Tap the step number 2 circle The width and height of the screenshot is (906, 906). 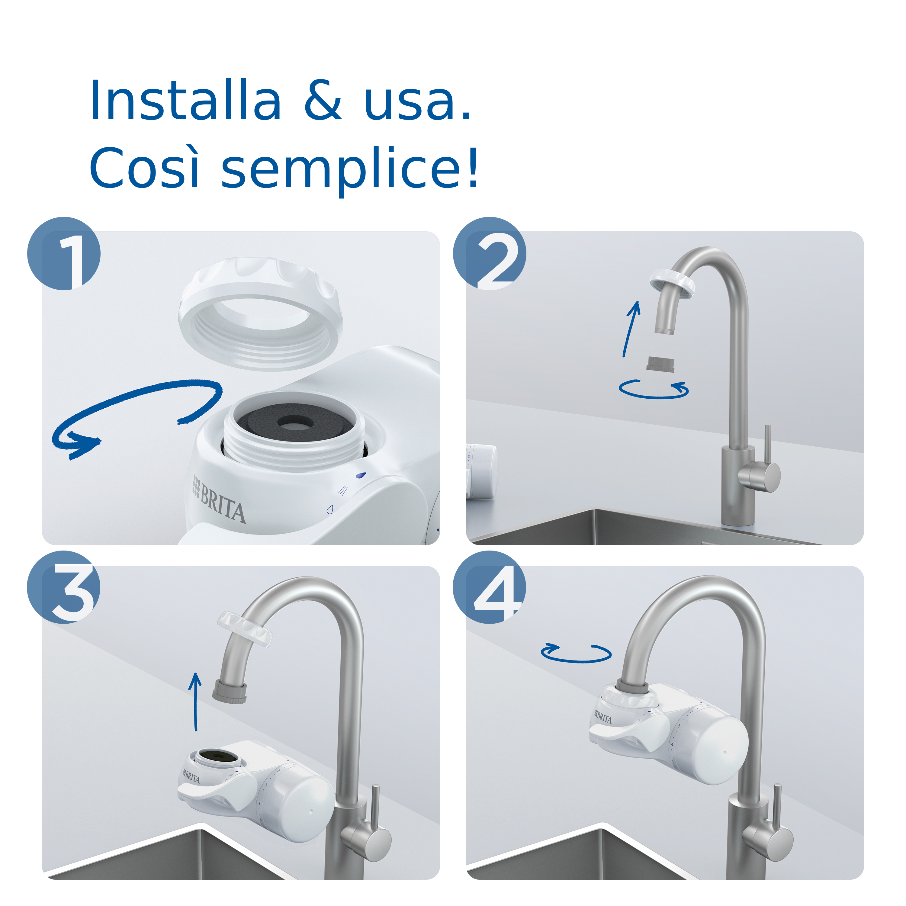click(489, 254)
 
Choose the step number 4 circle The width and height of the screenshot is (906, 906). click(489, 588)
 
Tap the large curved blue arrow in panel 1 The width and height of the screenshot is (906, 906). click(136, 408)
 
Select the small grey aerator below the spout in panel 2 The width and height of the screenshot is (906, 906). click(660, 363)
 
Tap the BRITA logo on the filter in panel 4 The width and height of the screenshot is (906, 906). click(603, 718)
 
